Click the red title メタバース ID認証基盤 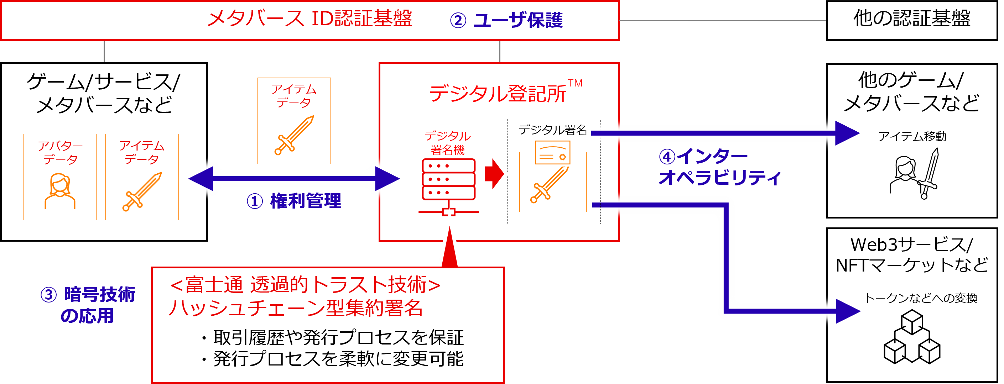coord(309,19)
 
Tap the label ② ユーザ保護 coord(506,20)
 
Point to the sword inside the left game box coord(142,191)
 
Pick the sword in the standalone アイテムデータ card coord(294,135)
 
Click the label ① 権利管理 coord(294,201)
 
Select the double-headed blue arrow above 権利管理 coord(294,179)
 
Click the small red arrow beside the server coord(494,174)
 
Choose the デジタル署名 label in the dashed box coord(552,130)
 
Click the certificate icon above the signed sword coord(553,153)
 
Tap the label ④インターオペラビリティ coord(719,167)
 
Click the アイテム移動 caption coord(912,136)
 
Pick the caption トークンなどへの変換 coord(921,298)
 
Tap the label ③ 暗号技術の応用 coord(88,305)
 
